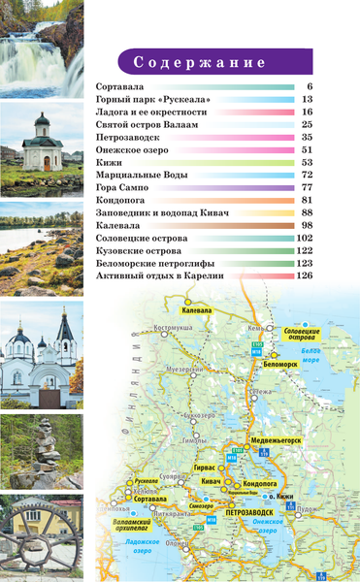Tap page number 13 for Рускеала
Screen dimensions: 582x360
click(x=306, y=100)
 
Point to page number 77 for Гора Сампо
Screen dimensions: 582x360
click(x=306, y=187)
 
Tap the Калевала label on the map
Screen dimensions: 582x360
click(x=197, y=310)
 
